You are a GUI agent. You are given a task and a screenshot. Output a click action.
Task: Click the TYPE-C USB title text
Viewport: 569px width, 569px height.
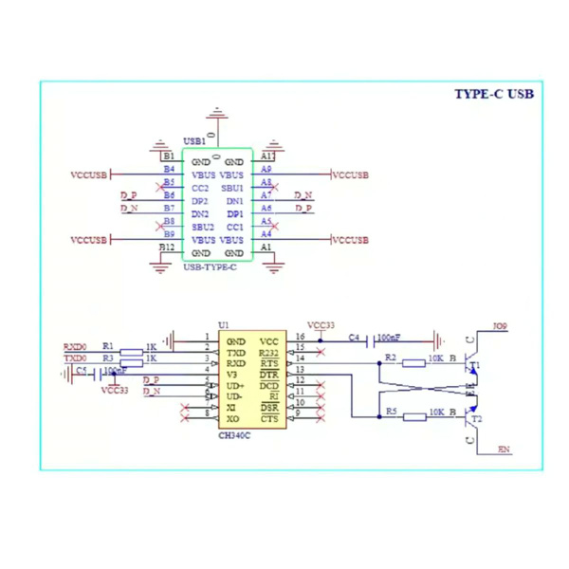[x=494, y=94]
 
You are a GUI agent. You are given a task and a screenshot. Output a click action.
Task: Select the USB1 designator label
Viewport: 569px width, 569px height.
[x=193, y=140]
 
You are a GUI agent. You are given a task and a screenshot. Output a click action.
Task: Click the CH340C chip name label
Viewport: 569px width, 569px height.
[x=235, y=435]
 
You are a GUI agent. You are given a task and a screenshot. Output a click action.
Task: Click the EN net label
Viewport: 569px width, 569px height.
[x=504, y=450]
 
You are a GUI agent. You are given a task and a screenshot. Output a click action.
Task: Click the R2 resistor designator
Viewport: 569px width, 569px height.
[x=390, y=358]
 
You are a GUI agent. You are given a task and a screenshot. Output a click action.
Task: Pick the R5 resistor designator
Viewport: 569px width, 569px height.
[x=390, y=412]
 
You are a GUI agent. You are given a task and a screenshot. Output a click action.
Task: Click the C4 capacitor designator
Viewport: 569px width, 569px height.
[x=354, y=337]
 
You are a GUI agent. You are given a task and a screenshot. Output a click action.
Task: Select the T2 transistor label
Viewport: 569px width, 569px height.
[x=476, y=418]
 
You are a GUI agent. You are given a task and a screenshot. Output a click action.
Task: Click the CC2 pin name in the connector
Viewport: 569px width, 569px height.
[x=200, y=189]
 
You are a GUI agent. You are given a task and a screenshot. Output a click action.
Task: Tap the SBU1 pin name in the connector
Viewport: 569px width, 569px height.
[x=232, y=189]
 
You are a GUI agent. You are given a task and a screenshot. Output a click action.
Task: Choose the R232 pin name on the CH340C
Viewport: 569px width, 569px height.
[x=269, y=353]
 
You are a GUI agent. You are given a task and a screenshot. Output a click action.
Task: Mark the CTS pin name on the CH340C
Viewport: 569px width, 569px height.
[x=269, y=418]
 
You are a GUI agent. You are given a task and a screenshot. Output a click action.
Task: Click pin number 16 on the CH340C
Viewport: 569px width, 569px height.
[x=300, y=337]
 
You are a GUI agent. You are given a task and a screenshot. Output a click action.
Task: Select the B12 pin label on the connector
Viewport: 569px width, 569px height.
[x=167, y=248]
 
